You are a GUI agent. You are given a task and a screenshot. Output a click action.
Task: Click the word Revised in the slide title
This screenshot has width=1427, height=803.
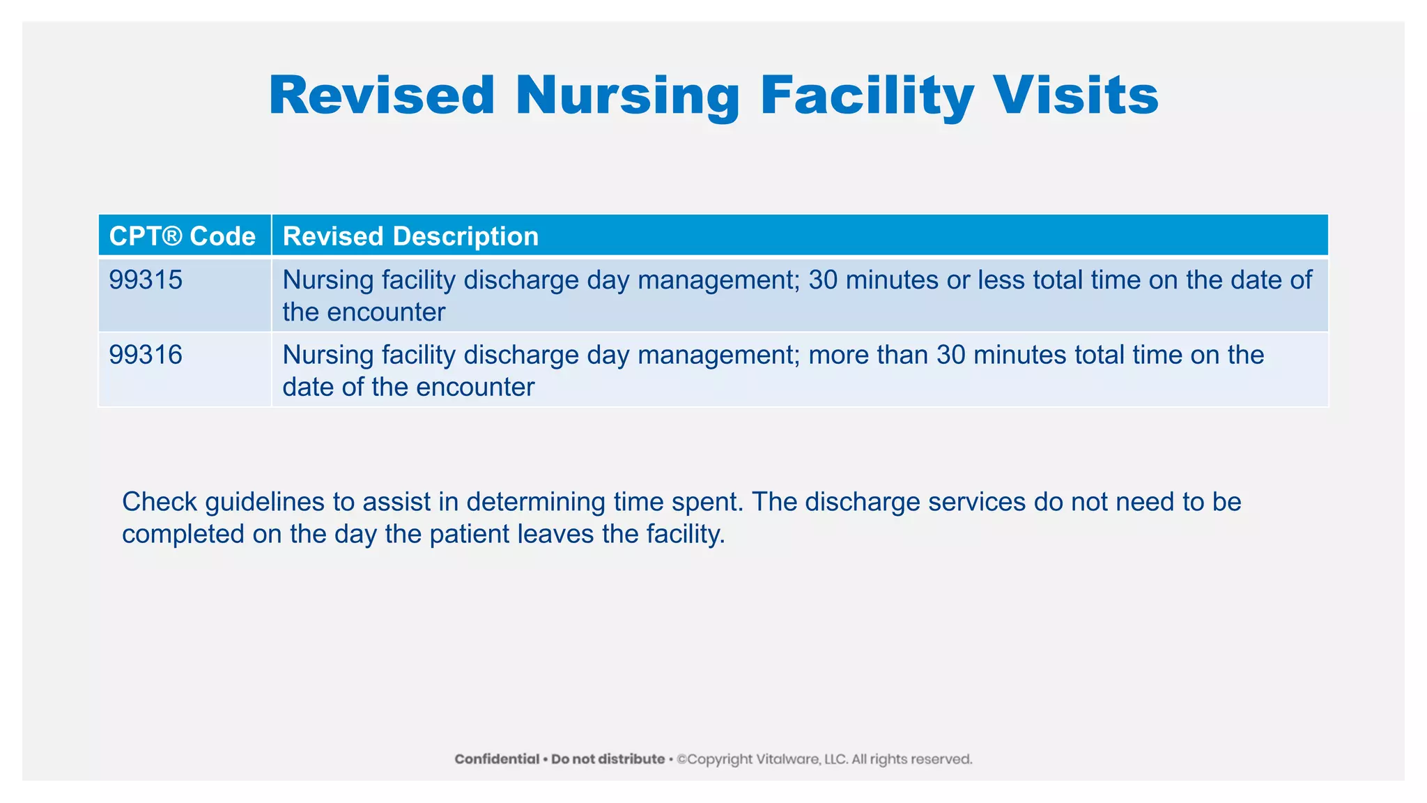click(382, 95)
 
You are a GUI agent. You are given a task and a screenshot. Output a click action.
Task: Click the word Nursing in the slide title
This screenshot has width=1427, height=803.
click(627, 95)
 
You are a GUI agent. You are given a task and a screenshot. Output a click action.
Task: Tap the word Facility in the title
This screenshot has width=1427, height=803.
click(867, 95)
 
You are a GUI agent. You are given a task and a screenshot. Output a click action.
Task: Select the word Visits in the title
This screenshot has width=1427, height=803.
click(1076, 95)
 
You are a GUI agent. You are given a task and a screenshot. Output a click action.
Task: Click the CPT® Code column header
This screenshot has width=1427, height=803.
click(183, 236)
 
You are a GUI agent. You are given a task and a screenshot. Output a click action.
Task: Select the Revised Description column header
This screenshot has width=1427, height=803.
click(410, 236)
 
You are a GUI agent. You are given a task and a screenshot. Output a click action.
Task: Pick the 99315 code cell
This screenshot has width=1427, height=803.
click(146, 280)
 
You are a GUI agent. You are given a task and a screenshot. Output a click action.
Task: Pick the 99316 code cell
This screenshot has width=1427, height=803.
click(146, 355)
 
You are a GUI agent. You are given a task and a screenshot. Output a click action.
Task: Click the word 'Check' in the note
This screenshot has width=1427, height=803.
click(160, 502)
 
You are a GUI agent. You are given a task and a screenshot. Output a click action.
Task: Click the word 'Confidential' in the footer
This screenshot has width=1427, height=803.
click(497, 759)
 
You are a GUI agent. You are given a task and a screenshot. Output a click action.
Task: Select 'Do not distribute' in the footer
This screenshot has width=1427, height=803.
click(608, 759)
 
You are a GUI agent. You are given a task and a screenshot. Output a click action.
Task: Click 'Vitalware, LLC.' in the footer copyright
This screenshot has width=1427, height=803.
click(798, 759)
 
